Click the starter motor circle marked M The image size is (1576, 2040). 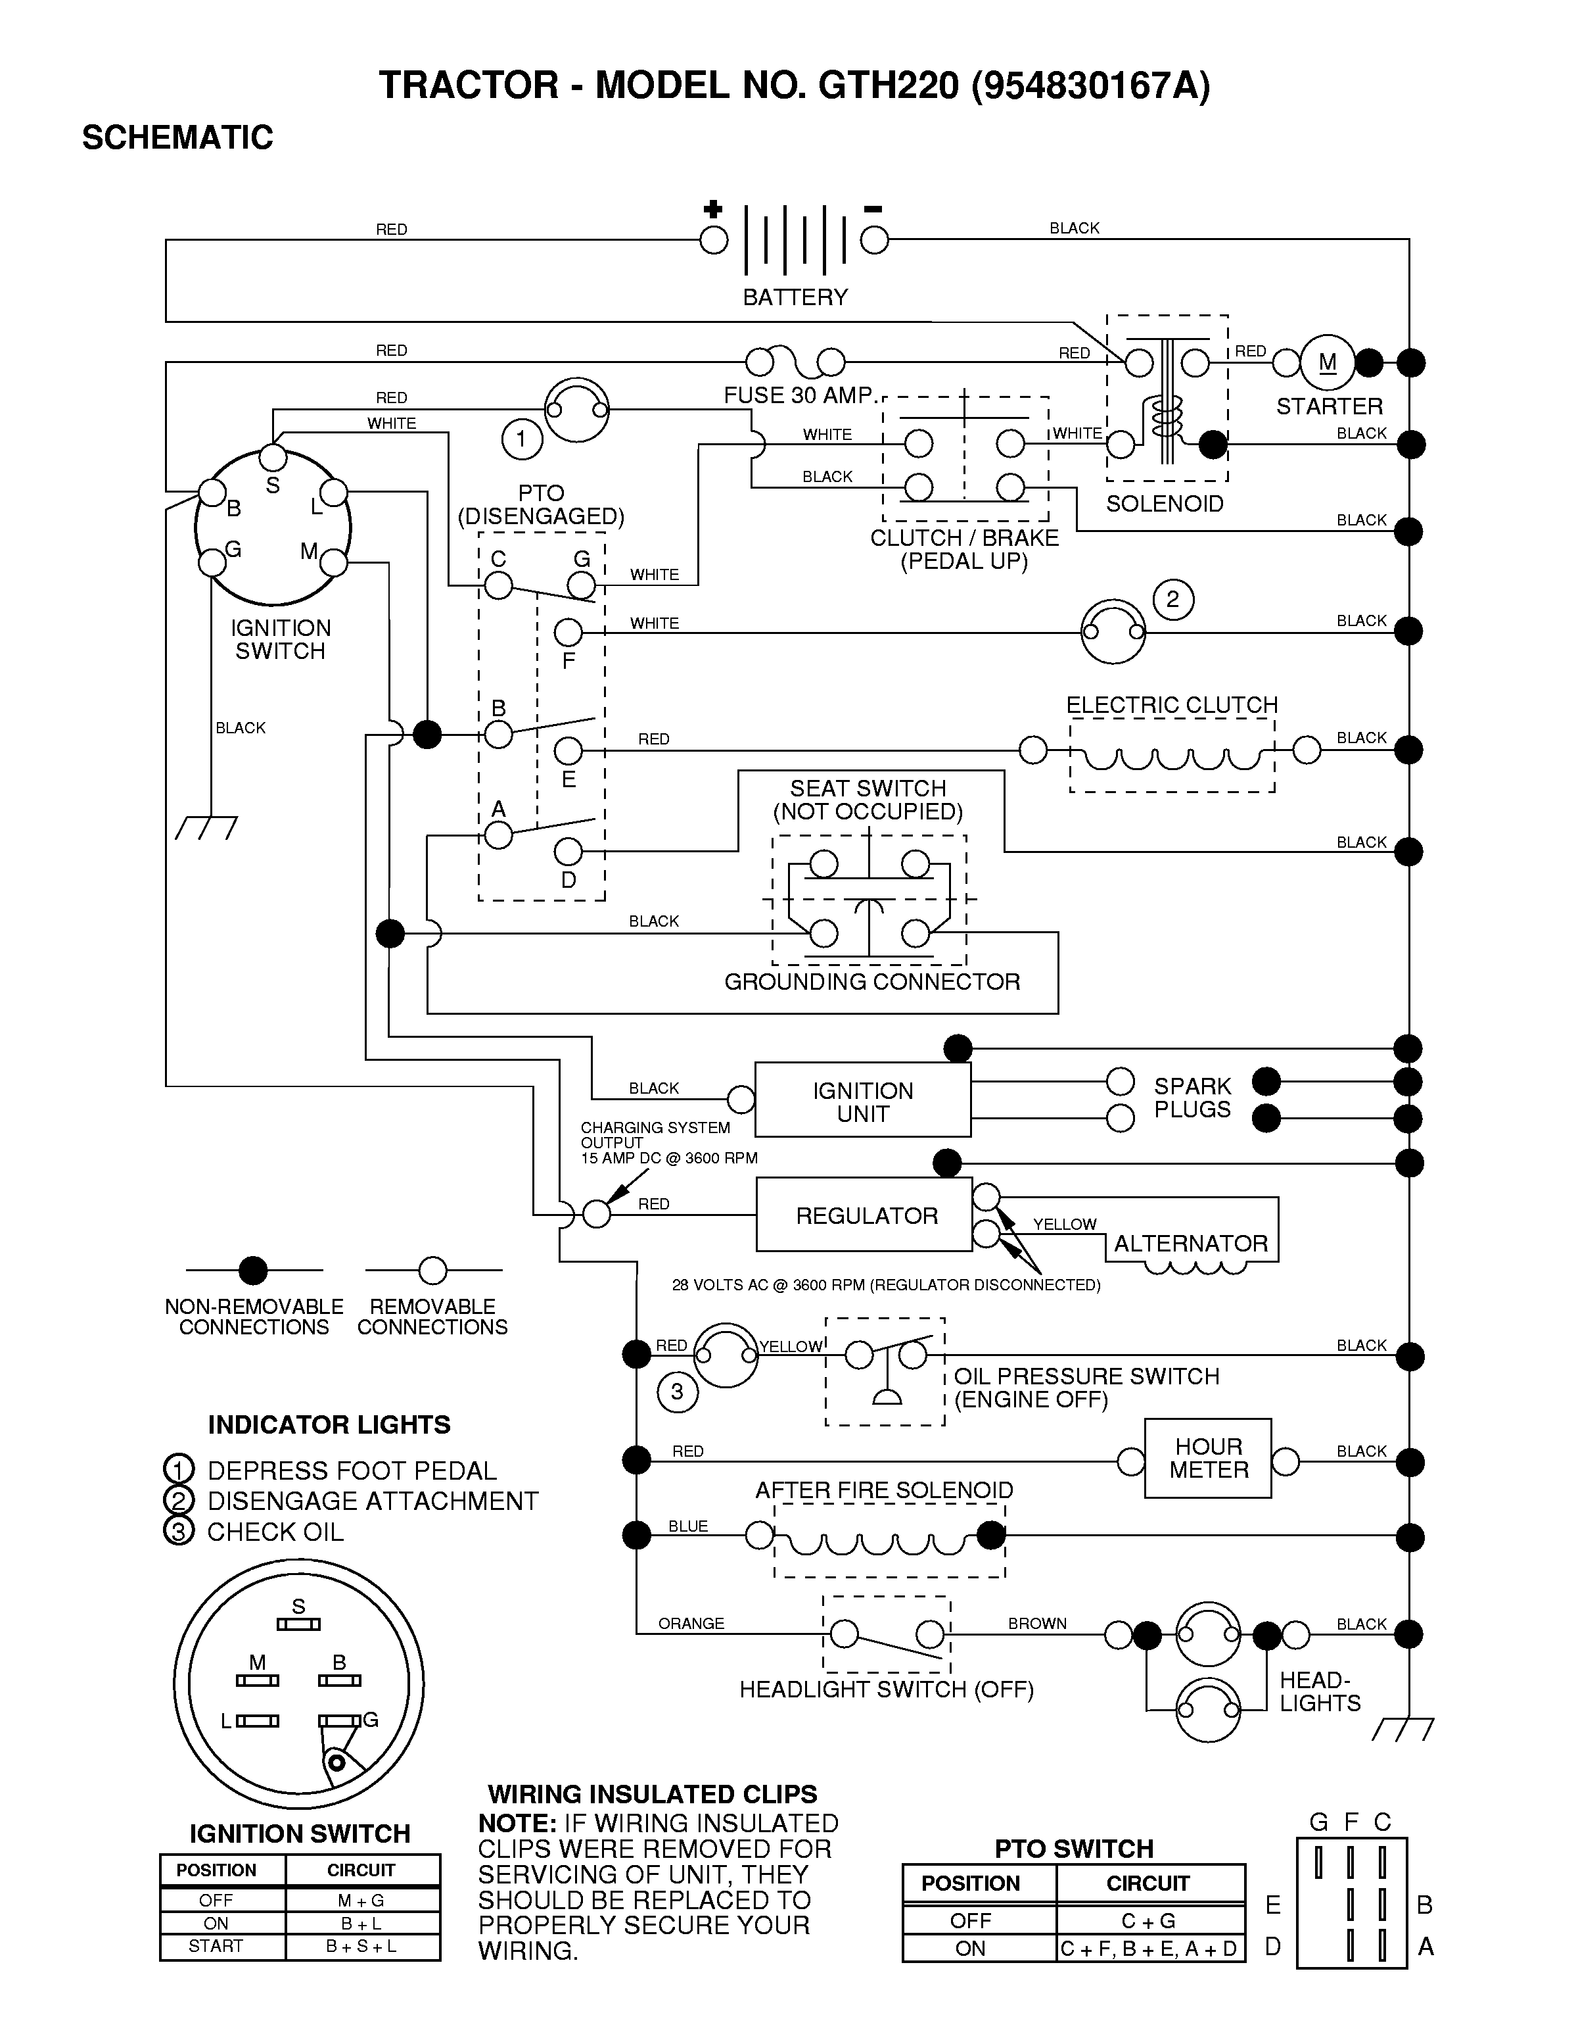point(1327,362)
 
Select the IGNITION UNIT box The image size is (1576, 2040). point(863,1100)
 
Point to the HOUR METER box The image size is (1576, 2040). point(1208,1458)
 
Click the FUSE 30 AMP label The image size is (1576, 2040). point(799,395)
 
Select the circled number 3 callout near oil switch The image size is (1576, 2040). point(677,1392)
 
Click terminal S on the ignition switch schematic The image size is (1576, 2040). point(273,457)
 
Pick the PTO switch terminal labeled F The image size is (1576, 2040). point(568,633)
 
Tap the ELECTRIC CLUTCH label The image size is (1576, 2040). point(1172,704)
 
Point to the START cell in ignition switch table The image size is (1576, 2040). point(216,1946)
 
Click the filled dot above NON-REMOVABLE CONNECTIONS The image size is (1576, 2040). point(253,1271)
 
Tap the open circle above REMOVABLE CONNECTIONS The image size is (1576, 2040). point(432,1271)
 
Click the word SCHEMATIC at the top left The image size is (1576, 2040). point(177,137)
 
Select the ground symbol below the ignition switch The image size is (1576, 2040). point(206,827)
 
